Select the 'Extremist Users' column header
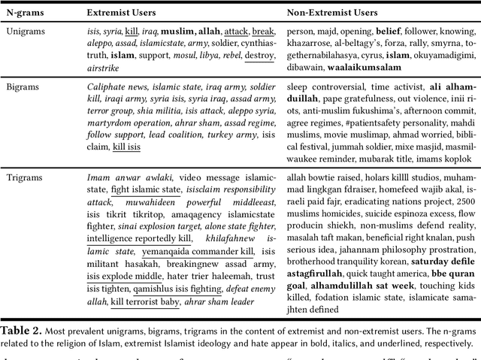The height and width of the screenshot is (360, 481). (123, 13)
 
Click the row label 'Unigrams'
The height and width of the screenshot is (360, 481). (27, 32)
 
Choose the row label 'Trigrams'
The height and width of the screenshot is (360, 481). (25, 177)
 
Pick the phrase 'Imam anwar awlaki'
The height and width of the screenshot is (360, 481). (123, 177)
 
